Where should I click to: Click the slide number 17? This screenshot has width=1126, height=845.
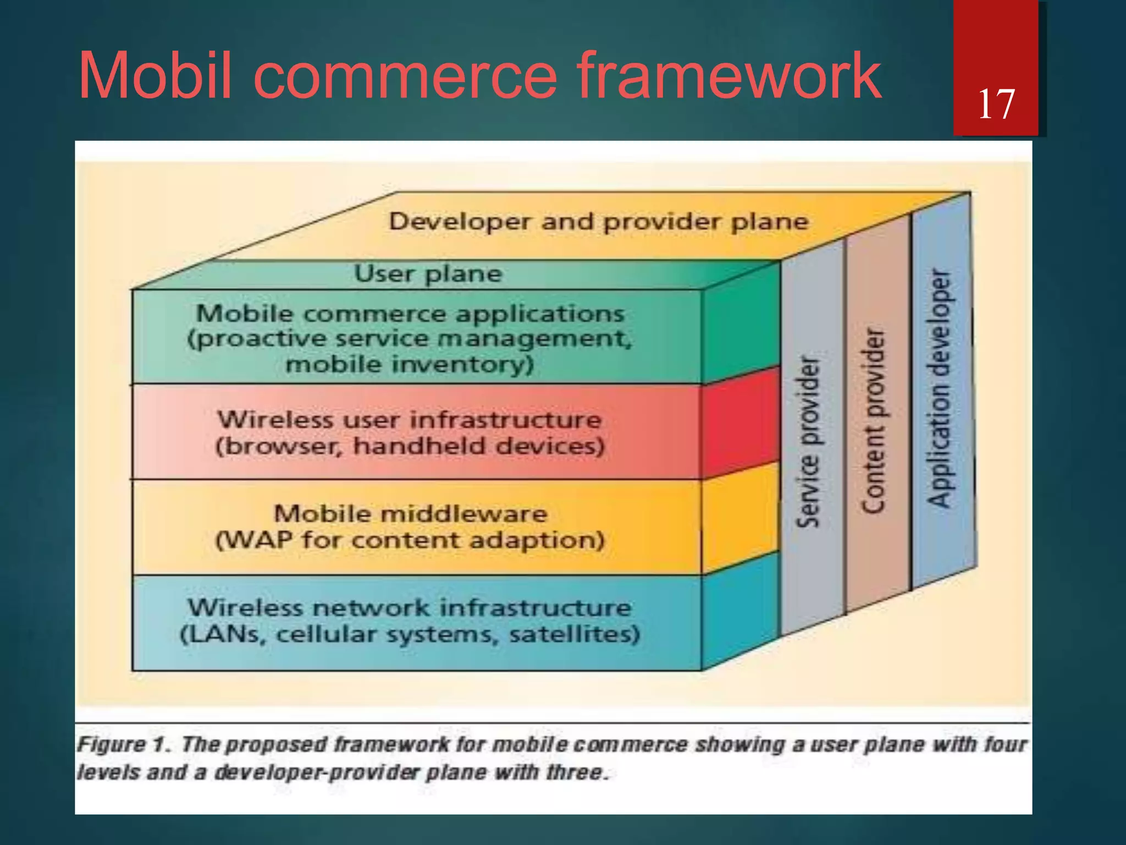[996, 104]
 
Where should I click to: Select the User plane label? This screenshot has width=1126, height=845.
[428, 273]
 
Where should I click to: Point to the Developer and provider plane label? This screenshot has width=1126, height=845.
[598, 222]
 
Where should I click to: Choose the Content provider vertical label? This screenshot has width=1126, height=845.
[874, 421]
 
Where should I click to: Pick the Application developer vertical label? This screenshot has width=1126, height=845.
[939, 388]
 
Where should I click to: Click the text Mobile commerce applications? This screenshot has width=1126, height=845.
[410, 314]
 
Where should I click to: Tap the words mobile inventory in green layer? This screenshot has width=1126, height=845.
[410, 365]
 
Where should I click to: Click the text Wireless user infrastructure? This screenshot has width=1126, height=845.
[410, 420]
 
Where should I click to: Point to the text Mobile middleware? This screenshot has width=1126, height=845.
[410, 514]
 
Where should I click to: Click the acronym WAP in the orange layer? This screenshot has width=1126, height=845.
[258, 540]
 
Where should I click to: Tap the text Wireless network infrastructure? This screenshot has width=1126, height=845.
[410, 608]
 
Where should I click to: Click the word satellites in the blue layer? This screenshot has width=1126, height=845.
[574, 634]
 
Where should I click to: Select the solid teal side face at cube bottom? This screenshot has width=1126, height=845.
[740, 611]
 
